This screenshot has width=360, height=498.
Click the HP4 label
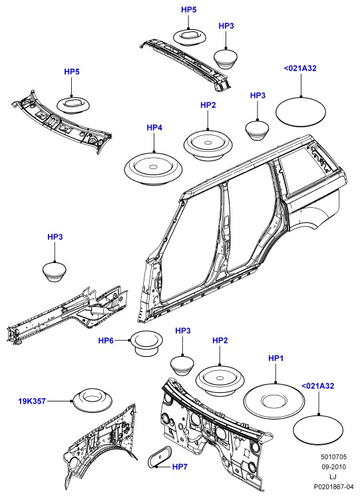tap(154, 128)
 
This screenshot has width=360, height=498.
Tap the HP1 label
tap(276, 358)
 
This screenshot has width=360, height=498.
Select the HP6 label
tap(106, 341)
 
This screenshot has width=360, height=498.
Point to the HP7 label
tap(180, 467)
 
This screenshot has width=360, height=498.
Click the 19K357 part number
tap(32, 401)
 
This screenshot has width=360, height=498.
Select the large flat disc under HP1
tap(274, 401)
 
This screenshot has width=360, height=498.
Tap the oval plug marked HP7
tap(159, 457)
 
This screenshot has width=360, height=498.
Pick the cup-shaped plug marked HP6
tap(146, 343)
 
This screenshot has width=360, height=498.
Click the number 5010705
tap(333, 457)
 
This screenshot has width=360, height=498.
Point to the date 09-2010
tap(333, 467)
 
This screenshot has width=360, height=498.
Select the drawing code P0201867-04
tap(333, 487)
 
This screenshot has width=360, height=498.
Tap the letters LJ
tap(333, 477)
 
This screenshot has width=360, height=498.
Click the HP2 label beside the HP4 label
tap(208, 105)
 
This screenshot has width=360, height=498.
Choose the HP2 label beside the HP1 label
tap(220, 340)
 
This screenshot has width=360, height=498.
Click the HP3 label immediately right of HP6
tap(183, 331)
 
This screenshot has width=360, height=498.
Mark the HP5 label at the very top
tap(189, 10)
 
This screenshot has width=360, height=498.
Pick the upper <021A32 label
tap(300, 69)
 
